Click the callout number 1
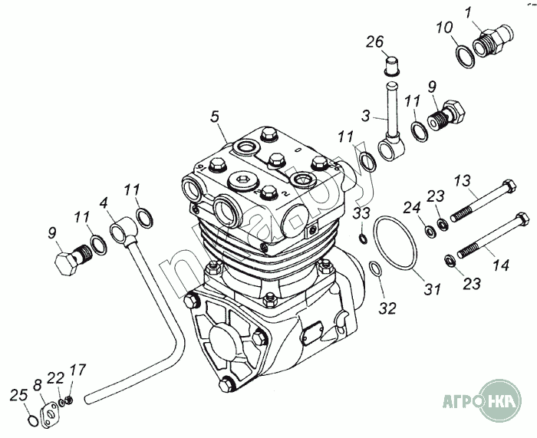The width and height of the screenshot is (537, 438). (x=468, y=12)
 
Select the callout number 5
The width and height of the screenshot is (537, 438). (x=216, y=117)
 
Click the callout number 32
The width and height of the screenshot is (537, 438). (x=389, y=308)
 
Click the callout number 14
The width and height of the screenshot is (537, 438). (x=500, y=265)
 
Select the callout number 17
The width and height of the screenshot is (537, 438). (x=74, y=370)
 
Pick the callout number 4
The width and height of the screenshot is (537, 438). (x=103, y=205)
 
